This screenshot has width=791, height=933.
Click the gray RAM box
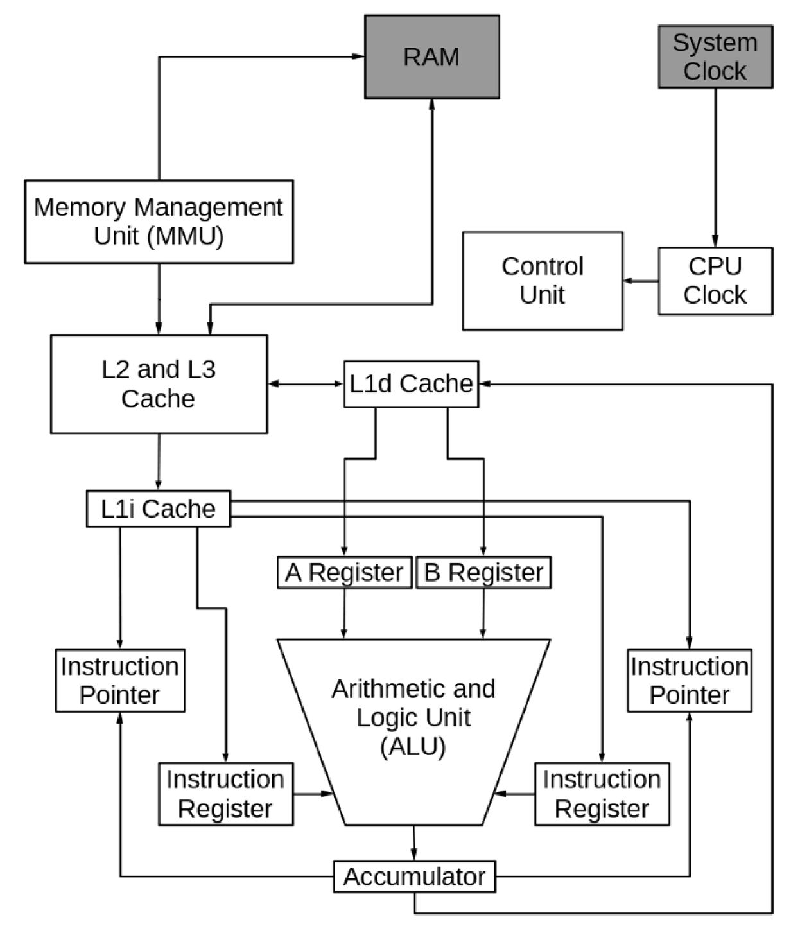coord(431,57)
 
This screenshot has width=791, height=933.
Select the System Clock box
coord(715,57)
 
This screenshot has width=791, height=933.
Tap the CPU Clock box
coord(715,281)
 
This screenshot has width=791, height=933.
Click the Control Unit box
coord(543,281)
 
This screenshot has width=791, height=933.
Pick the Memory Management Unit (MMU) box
coord(159,222)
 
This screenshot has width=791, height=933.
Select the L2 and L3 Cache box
coord(159,384)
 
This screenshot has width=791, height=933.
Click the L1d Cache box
coord(411,384)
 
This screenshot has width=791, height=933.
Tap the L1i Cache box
coord(158,509)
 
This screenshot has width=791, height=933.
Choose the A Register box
coord(344,573)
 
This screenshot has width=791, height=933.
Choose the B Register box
coord(483,573)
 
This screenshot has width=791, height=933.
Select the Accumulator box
coord(414,876)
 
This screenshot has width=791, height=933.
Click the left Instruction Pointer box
coord(120,681)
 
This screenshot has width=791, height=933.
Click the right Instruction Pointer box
coord(690,681)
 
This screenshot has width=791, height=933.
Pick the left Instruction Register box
coord(225,794)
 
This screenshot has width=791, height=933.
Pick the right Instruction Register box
coord(602,794)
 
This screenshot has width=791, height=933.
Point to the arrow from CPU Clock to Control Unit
coord(640,281)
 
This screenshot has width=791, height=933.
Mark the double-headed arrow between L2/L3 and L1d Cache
coord(306,384)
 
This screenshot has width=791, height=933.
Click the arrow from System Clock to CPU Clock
coord(715,167)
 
